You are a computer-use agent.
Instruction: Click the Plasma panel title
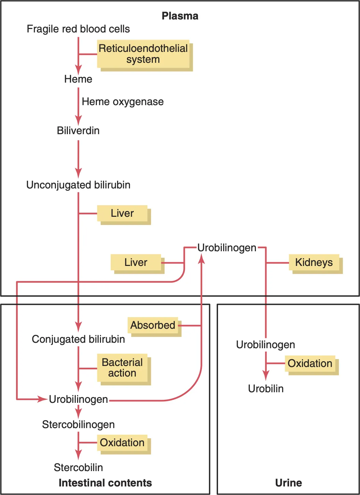coord(180,16)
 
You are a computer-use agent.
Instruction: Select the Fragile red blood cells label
coord(78,29)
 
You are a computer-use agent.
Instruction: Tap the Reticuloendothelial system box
coord(143,54)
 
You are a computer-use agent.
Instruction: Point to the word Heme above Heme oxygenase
coord(78,79)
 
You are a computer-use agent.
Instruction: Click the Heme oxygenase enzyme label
coord(123,102)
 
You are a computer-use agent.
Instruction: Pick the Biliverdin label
coord(78,131)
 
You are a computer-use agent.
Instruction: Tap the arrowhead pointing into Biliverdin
coord(78,121)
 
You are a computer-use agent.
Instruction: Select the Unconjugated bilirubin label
coord(78,185)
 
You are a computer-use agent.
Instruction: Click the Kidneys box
coord(314,263)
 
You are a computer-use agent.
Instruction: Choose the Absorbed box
coord(153,325)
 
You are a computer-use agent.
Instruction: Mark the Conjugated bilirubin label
coord(78,339)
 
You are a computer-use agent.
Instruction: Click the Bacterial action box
coord(122,368)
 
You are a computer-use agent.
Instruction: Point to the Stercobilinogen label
coord(78,425)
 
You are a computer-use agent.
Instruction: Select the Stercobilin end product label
coord(78,468)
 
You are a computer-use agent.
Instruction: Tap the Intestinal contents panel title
coord(105,483)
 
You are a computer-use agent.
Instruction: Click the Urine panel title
coord(288,483)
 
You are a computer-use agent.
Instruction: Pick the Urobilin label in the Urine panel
coord(266,389)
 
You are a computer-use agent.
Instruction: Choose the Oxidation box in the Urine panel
coord(310,364)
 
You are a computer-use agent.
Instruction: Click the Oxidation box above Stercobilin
coord(122,443)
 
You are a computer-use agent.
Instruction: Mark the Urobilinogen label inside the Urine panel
coord(265,345)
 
